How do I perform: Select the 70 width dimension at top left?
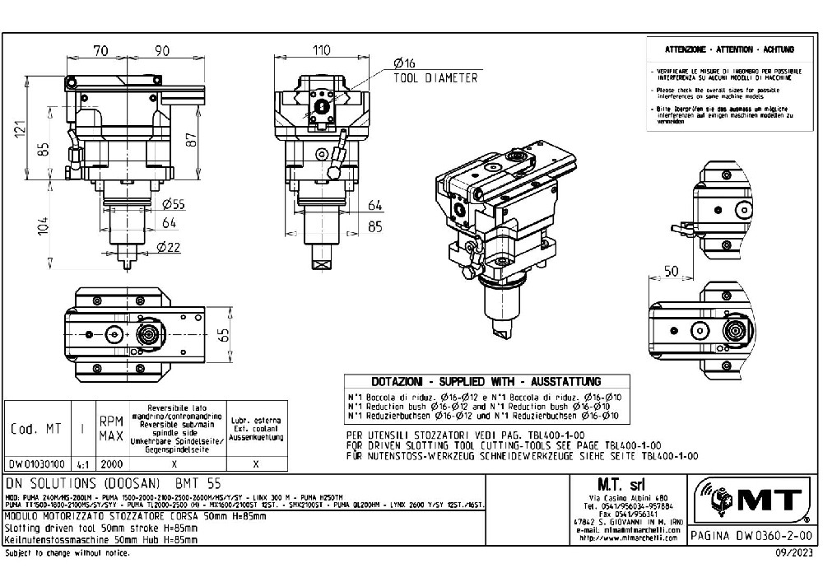pyautogui.click(x=101, y=51)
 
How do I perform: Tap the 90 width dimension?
pyautogui.click(x=162, y=51)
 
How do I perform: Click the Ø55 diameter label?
pyautogui.click(x=173, y=204)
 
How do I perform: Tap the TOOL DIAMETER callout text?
pyautogui.click(x=435, y=78)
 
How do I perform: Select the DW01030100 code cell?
pyautogui.click(x=36, y=463)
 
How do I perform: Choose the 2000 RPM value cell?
pyautogui.click(x=110, y=463)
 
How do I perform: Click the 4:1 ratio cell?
pyautogui.click(x=83, y=463)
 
